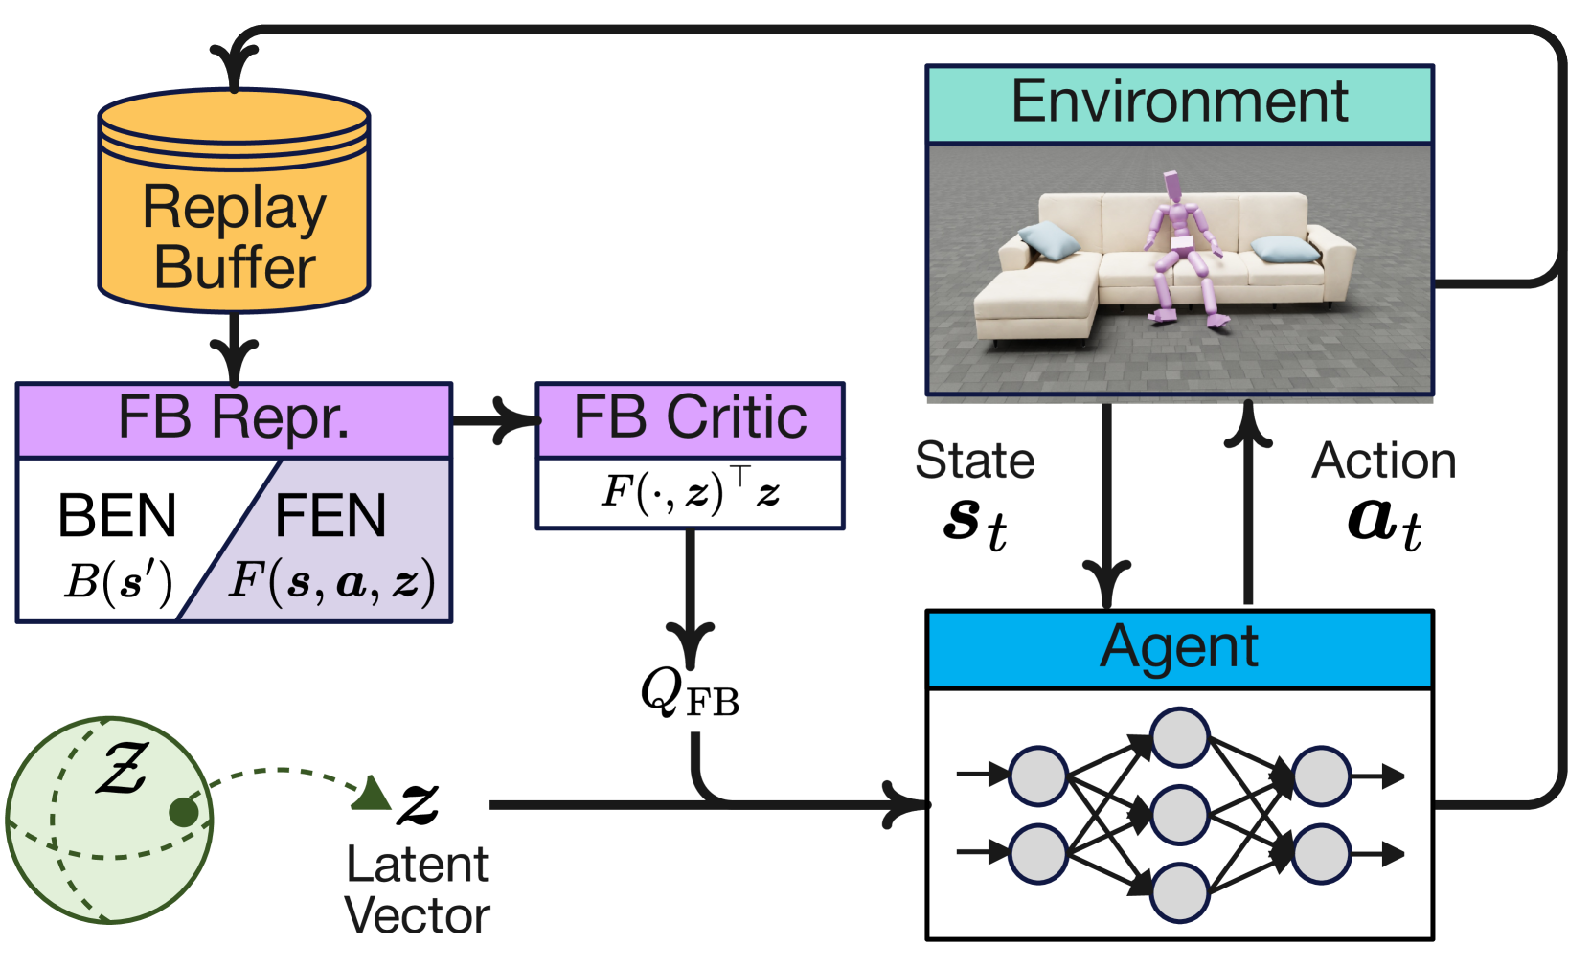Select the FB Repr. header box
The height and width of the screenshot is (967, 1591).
(234, 419)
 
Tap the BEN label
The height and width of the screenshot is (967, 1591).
(117, 516)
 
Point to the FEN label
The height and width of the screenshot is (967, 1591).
(330, 516)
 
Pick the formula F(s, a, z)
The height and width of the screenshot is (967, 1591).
(331, 581)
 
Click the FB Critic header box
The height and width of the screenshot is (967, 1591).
(690, 419)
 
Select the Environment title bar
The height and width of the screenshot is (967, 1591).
(1179, 103)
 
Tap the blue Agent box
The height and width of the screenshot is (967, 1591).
(1179, 649)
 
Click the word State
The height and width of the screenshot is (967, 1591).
(975, 461)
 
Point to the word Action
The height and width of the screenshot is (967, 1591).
(1383, 461)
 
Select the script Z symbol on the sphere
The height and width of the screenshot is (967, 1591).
(122, 769)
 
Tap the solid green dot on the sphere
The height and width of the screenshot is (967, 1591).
(184, 812)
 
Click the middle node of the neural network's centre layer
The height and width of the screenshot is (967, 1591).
(1179, 815)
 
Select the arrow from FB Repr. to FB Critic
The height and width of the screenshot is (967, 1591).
(494, 420)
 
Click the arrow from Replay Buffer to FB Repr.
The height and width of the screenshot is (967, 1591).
(234, 349)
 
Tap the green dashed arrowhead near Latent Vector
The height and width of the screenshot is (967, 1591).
(374, 794)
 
